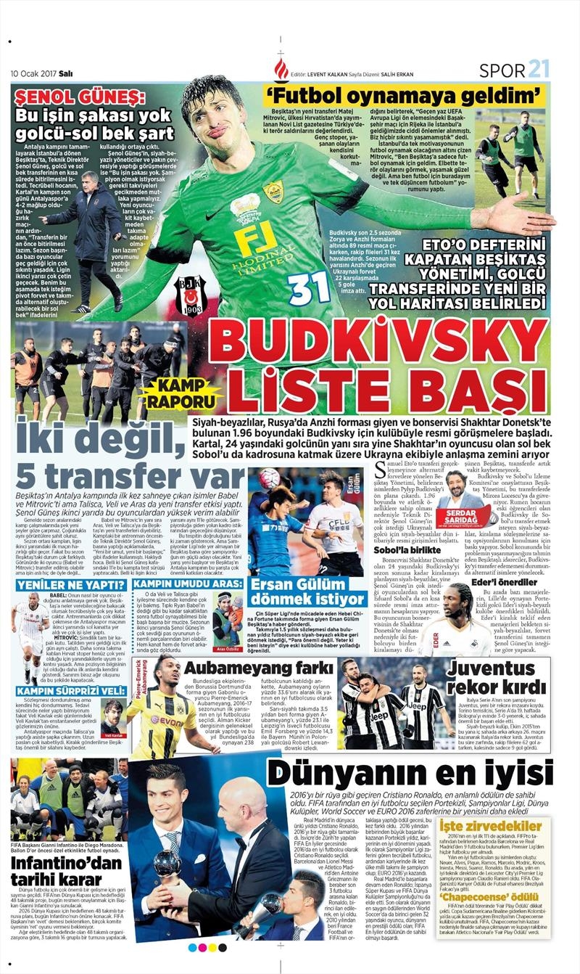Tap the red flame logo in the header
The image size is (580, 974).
281,70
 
